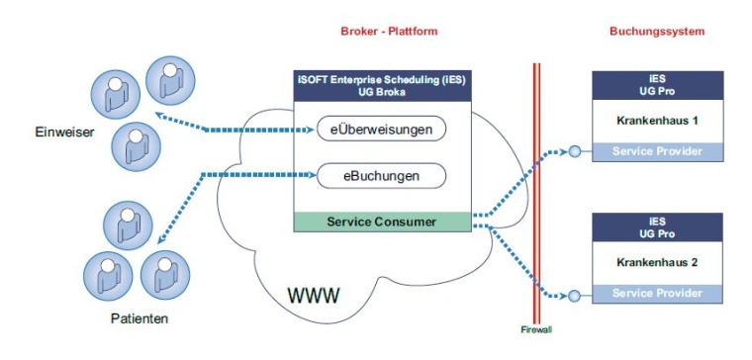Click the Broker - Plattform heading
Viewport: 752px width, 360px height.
(382, 32)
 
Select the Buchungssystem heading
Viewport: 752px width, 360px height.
(656, 32)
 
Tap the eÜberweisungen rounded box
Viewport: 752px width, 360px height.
(382, 130)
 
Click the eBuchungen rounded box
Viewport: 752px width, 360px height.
(382, 176)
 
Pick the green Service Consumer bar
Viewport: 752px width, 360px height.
(382, 222)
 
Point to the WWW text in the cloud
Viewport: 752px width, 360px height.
(315, 295)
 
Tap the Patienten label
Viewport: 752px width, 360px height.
(140, 318)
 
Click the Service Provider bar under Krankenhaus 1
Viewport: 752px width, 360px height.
(657, 151)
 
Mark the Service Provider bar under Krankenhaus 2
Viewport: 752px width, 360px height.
(657, 294)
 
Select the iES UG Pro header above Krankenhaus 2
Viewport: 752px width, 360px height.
(657, 226)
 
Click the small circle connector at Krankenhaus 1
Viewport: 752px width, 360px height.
(574, 151)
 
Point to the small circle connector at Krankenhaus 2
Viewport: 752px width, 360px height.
(574, 295)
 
